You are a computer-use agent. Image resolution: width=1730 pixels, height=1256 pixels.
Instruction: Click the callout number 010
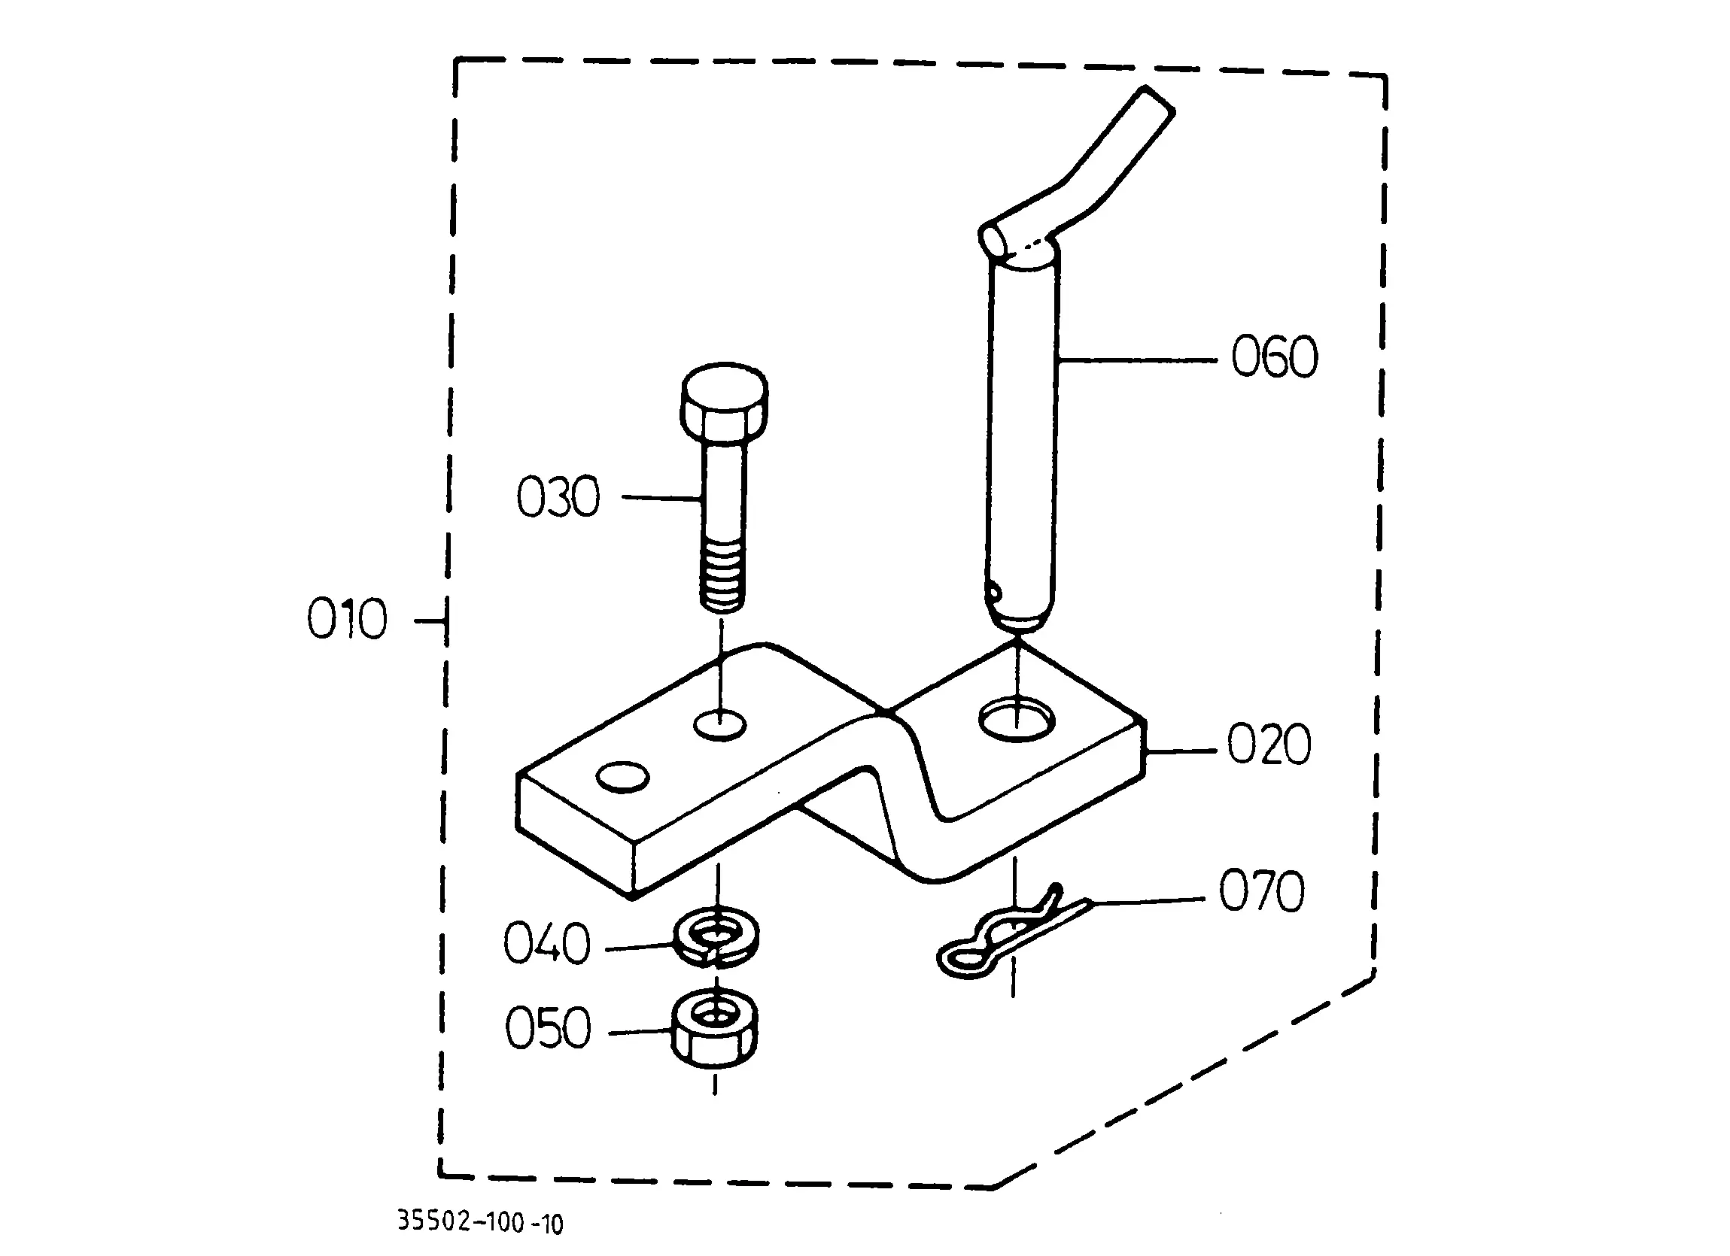(x=347, y=618)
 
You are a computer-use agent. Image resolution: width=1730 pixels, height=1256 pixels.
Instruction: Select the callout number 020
(x=1269, y=745)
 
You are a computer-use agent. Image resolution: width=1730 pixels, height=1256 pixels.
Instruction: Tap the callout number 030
(x=558, y=497)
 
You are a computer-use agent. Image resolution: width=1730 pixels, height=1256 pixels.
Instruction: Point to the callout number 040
(x=547, y=943)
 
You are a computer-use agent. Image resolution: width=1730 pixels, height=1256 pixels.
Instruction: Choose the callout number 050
(x=549, y=1027)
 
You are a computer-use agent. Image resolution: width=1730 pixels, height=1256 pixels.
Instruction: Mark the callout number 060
(x=1275, y=357)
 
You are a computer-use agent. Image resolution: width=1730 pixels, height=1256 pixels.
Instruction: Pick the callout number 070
(x=1262, y=890)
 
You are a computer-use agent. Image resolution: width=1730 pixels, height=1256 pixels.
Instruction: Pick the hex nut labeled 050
(x=715, y=1030)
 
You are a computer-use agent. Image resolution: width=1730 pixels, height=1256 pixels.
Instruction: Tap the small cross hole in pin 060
(x=992, y=590)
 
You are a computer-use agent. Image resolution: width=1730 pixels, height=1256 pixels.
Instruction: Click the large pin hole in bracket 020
(x=1017, y=719)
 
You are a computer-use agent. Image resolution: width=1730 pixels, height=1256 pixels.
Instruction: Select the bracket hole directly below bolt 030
(x=720, y=724)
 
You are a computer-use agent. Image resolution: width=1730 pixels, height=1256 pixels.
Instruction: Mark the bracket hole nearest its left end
(x=622, y=776)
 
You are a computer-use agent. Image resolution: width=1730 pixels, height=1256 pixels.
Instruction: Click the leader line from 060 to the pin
(x=1136, y=360)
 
